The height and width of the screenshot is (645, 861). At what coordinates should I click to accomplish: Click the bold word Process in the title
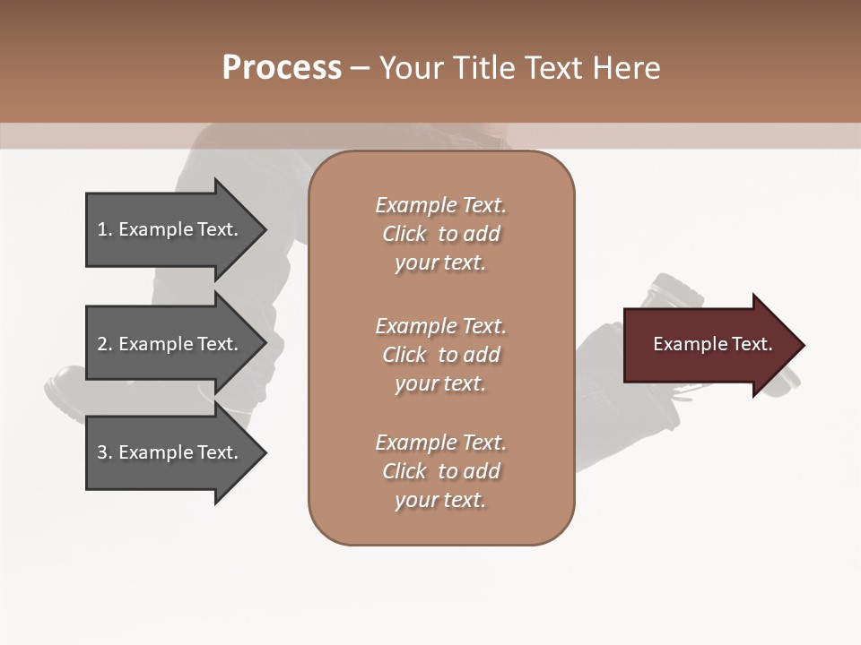(x=283, y=68)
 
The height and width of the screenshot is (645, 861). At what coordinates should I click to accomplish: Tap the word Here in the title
(x=626, y=68)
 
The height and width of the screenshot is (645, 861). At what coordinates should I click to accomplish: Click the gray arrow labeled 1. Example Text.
(x=176, y=230)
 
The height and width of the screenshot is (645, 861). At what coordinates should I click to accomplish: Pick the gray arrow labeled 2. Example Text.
(x=176, y=343)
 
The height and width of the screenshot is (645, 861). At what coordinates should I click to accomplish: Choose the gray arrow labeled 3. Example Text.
(x=176, y=452)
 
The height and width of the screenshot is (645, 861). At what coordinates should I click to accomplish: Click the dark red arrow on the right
(x=714, y=345)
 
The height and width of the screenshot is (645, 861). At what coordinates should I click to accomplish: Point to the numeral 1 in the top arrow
(x=102, y=230)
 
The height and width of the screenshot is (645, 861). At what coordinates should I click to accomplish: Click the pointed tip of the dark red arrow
(x=804, y=345)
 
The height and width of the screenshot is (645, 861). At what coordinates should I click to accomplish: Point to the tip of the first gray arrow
(x=266, y=230)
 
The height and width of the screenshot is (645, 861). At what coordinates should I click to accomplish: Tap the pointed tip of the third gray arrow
(x=266, y=452)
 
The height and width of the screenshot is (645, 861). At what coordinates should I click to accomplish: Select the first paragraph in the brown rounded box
(x=441, y=234)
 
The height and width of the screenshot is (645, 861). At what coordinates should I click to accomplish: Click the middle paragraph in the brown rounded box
(x=441, y=355)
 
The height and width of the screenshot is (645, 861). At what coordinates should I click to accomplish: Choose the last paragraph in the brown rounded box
(x=441, y=471)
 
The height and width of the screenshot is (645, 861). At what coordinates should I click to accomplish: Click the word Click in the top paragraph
(x=404, y=234)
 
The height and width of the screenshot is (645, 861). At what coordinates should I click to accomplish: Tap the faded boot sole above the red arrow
(x=676, y=290)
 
